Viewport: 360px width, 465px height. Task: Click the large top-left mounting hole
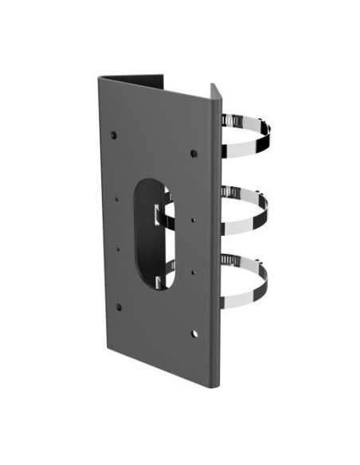click(x=114, y=135)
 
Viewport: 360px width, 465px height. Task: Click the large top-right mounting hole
click(x=194, y=151)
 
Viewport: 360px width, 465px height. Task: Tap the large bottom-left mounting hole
click(x=119, y=307)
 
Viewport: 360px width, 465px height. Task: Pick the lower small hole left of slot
click(x=118, y=248)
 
